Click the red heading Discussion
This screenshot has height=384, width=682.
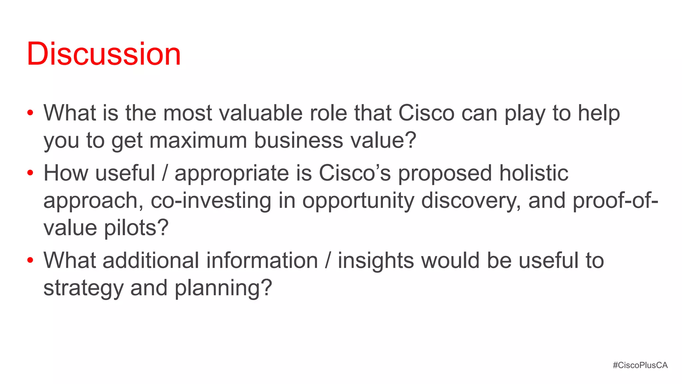tap(104, 54)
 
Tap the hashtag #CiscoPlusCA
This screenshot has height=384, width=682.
tap(640, 365)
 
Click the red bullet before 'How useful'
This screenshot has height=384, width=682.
tap(30, 173)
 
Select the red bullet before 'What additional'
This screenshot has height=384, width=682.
tap(30, 260)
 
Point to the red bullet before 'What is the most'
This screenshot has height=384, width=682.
tap(30, 113)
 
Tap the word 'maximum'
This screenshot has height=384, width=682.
tap(198, 140)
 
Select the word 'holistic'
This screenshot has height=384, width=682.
tap(533, 173)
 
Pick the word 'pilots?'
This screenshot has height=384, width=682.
tap(136, 228)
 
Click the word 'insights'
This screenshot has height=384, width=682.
tap(376, 260)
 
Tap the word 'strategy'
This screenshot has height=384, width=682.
tap(83, 288)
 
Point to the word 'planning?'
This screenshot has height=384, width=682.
tap(223, 288)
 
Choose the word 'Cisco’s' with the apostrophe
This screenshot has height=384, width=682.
tap(355, 173)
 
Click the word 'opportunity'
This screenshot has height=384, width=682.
tap(358, 201)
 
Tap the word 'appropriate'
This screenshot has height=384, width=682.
tap(232, 173)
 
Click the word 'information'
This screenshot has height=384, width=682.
tap(262, 260)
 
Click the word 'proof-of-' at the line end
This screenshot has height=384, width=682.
tap(615, 200)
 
